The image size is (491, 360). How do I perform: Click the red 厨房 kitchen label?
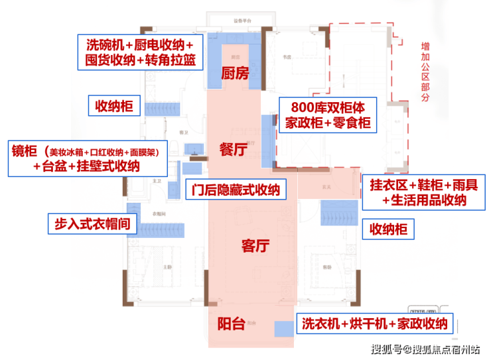click(x=234, y=74)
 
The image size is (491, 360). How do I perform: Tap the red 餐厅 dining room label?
click(x=233, y=150)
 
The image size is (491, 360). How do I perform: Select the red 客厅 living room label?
click(x=255, y=247)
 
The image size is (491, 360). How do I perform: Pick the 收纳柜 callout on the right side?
click(x=388, y=230)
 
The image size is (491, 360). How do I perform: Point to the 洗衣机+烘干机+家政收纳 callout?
click(x=375, y=324)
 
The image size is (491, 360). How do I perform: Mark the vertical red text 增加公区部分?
click(x=425, y=72)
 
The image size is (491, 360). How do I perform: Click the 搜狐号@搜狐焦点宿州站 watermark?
click(x=425, y=349)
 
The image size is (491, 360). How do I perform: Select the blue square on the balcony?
click(x=284, y=327)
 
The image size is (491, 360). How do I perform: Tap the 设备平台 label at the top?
click(x=240, y=20)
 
